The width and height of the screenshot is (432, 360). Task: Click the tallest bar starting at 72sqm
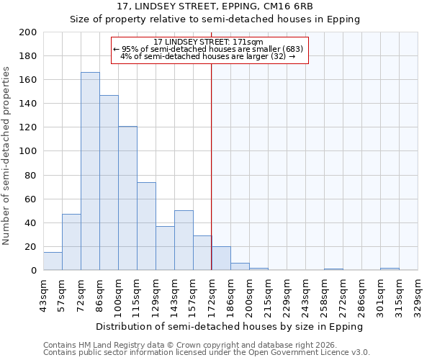click(x=90, y=171)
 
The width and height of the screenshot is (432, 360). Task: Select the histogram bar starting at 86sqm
click(x=109, y=183)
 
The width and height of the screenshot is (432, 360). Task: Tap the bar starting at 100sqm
click(x=127, y=198)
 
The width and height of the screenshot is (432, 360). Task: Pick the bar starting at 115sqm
click(x=146, y=226)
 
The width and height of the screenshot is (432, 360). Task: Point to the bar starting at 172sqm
click(x=221, y=258)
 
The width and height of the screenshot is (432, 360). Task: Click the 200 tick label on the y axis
click(x=28, y=32)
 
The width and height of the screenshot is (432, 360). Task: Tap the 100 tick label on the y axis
click(x=28, y=152)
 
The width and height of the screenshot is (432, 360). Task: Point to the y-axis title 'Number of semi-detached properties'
click(x=7, y=156)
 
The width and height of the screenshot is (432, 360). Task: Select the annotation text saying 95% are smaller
click(x=209, y=49)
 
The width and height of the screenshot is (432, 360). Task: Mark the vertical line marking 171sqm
click(x=211, y=166)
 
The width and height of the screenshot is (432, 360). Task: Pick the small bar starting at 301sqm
click(x=390, y=269)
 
